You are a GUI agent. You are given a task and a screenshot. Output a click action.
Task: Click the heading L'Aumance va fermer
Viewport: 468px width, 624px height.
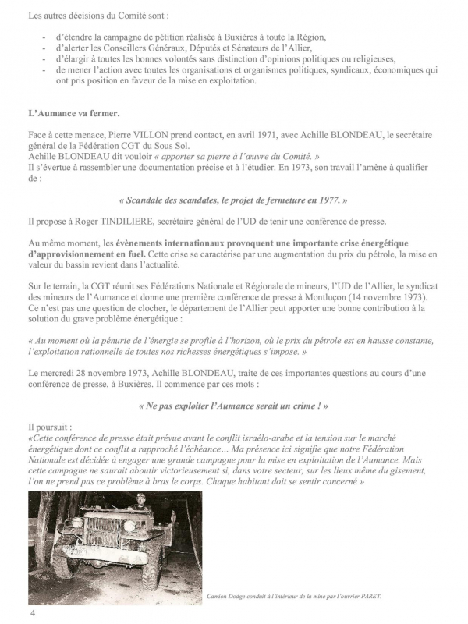73,113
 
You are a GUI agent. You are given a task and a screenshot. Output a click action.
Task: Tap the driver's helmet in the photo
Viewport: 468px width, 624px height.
142,497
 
